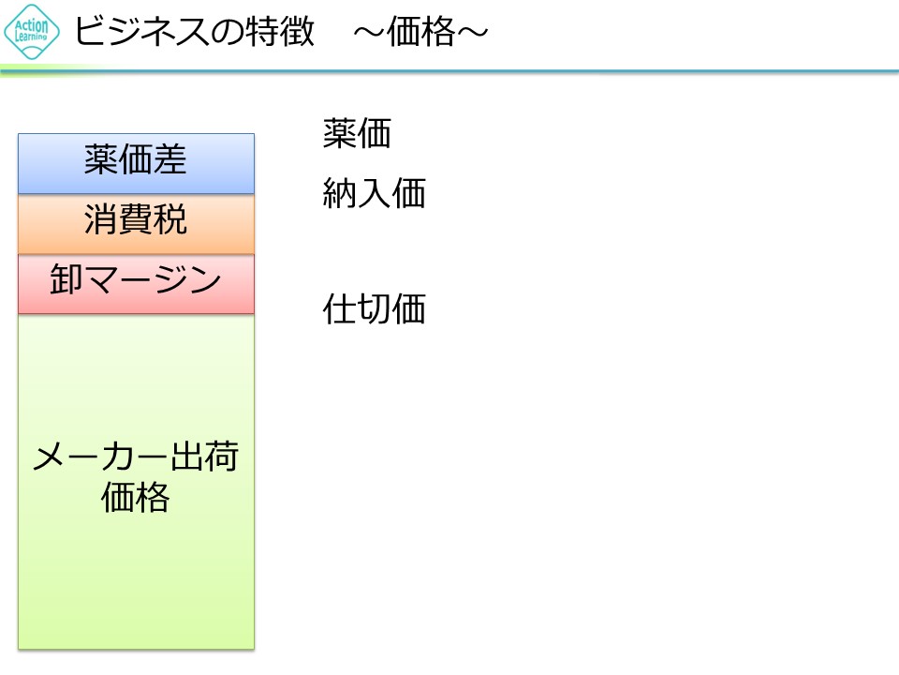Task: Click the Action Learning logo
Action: (32, 32)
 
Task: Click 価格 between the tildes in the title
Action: (421, 33)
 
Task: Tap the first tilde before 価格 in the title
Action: (371, 33)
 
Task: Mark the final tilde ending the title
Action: (472, 33)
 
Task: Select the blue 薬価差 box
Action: (136, 162)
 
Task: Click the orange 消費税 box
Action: (136, 222)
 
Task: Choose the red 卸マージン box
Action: (136, 282)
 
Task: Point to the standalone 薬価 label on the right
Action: (357, 134)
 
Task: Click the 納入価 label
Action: (375, 194)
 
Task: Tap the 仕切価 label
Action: (375, 309)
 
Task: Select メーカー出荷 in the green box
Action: (136, 459)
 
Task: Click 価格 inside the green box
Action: (136, 498)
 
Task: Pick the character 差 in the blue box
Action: (170, 161)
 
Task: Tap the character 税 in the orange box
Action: (170, 221)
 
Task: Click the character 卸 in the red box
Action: (67, 281)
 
